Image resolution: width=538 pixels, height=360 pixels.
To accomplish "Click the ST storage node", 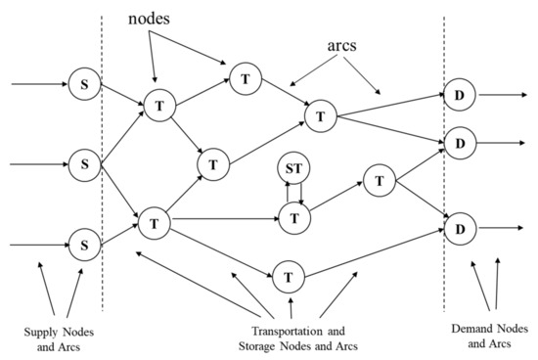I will point(294,169).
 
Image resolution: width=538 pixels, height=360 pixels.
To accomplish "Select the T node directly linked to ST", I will point(294,216).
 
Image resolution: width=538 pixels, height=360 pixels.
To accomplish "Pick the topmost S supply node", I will point(85,83).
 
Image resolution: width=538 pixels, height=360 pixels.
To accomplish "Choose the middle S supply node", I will point(85,161).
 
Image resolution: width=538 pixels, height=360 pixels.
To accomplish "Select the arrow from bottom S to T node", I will point(118,233).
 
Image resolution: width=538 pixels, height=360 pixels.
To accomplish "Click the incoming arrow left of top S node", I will point(39,83).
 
